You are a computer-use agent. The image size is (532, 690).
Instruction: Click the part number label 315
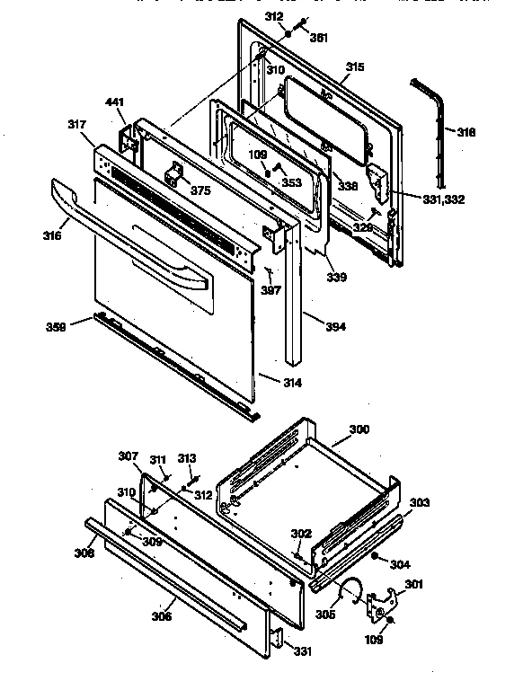coord(355,67)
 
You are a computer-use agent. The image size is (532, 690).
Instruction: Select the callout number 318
coord(466,132)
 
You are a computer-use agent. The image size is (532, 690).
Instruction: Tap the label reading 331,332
coord(441,199)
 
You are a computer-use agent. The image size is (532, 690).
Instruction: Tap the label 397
coord(270,290)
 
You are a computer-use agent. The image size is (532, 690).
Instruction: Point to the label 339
coord(336,277)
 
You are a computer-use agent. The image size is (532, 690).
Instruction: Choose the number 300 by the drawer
coord(359,430)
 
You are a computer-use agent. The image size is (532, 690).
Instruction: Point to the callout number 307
coord(129,456)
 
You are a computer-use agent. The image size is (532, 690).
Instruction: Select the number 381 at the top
coord(318,38)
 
